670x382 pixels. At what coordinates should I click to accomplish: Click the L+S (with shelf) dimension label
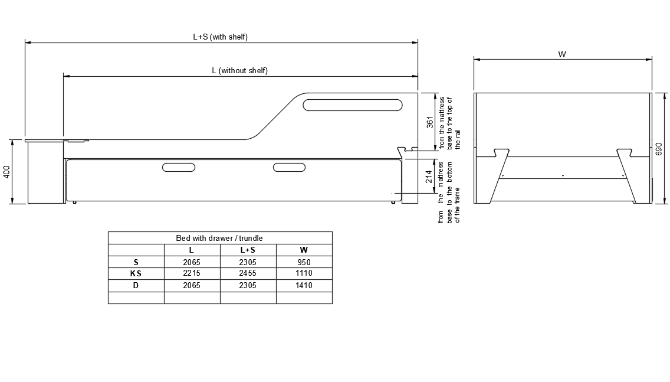pos(220,37)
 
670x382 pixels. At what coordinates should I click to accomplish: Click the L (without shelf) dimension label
pos(239,70)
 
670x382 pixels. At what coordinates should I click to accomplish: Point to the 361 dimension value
pos(430,122)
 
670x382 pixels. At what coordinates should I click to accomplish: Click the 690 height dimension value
pos(659,148)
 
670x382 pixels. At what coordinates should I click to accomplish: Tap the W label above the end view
pos(561,54)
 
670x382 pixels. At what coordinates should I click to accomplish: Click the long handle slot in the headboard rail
pos(353,105)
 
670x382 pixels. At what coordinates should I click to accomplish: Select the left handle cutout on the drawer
pos(179,167)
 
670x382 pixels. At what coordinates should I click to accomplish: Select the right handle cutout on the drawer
pos(289,167)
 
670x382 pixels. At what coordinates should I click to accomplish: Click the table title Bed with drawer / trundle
pos(219,238)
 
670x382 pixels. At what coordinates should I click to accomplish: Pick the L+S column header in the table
pos(248,250)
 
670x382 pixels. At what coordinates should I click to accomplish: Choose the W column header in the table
pos(304,250)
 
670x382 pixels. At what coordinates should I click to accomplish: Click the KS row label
pos(136,273)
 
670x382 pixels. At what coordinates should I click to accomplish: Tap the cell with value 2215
pos(192,273)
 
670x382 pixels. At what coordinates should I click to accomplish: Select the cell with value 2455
pos(248,273)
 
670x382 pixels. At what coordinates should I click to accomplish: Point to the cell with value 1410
pos(304,285)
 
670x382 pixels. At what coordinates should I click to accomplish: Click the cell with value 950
pos(304,262)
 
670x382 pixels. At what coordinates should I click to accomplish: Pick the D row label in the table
pos(136,285)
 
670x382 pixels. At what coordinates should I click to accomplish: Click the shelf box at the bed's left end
pos(45,173)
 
